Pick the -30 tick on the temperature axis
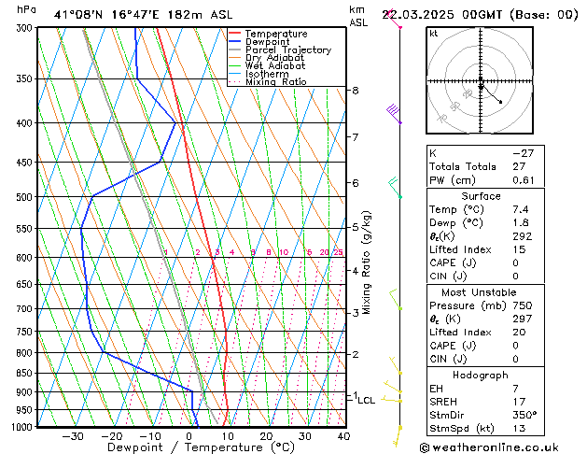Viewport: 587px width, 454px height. pyautogui.click(x=72, y=436)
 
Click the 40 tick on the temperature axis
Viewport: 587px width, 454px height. pyautogui.click(x=343, y=436)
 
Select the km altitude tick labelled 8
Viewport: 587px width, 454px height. pyautogui.click(x=355, y=91)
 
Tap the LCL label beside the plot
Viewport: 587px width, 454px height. pyautogui.click(x=367, y=401)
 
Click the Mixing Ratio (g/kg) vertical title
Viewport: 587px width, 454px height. pyautogui.click(x=367, y=262)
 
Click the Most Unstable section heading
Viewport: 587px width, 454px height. pyautogui.click(x=481, y=292)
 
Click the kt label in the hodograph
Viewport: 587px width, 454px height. pyautogui.click(x=434, y=34)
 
